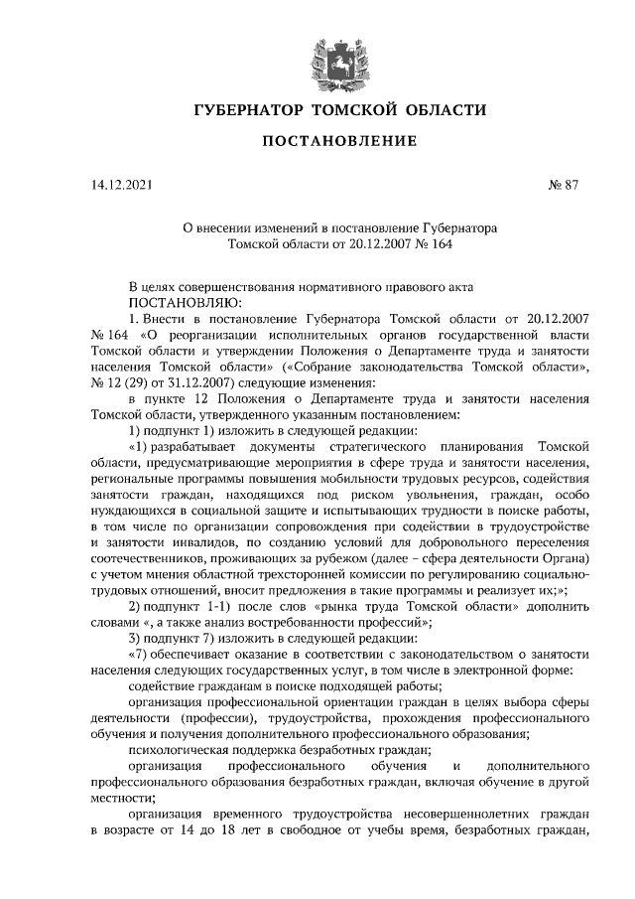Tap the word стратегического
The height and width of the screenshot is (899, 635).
tap(370, 448)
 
